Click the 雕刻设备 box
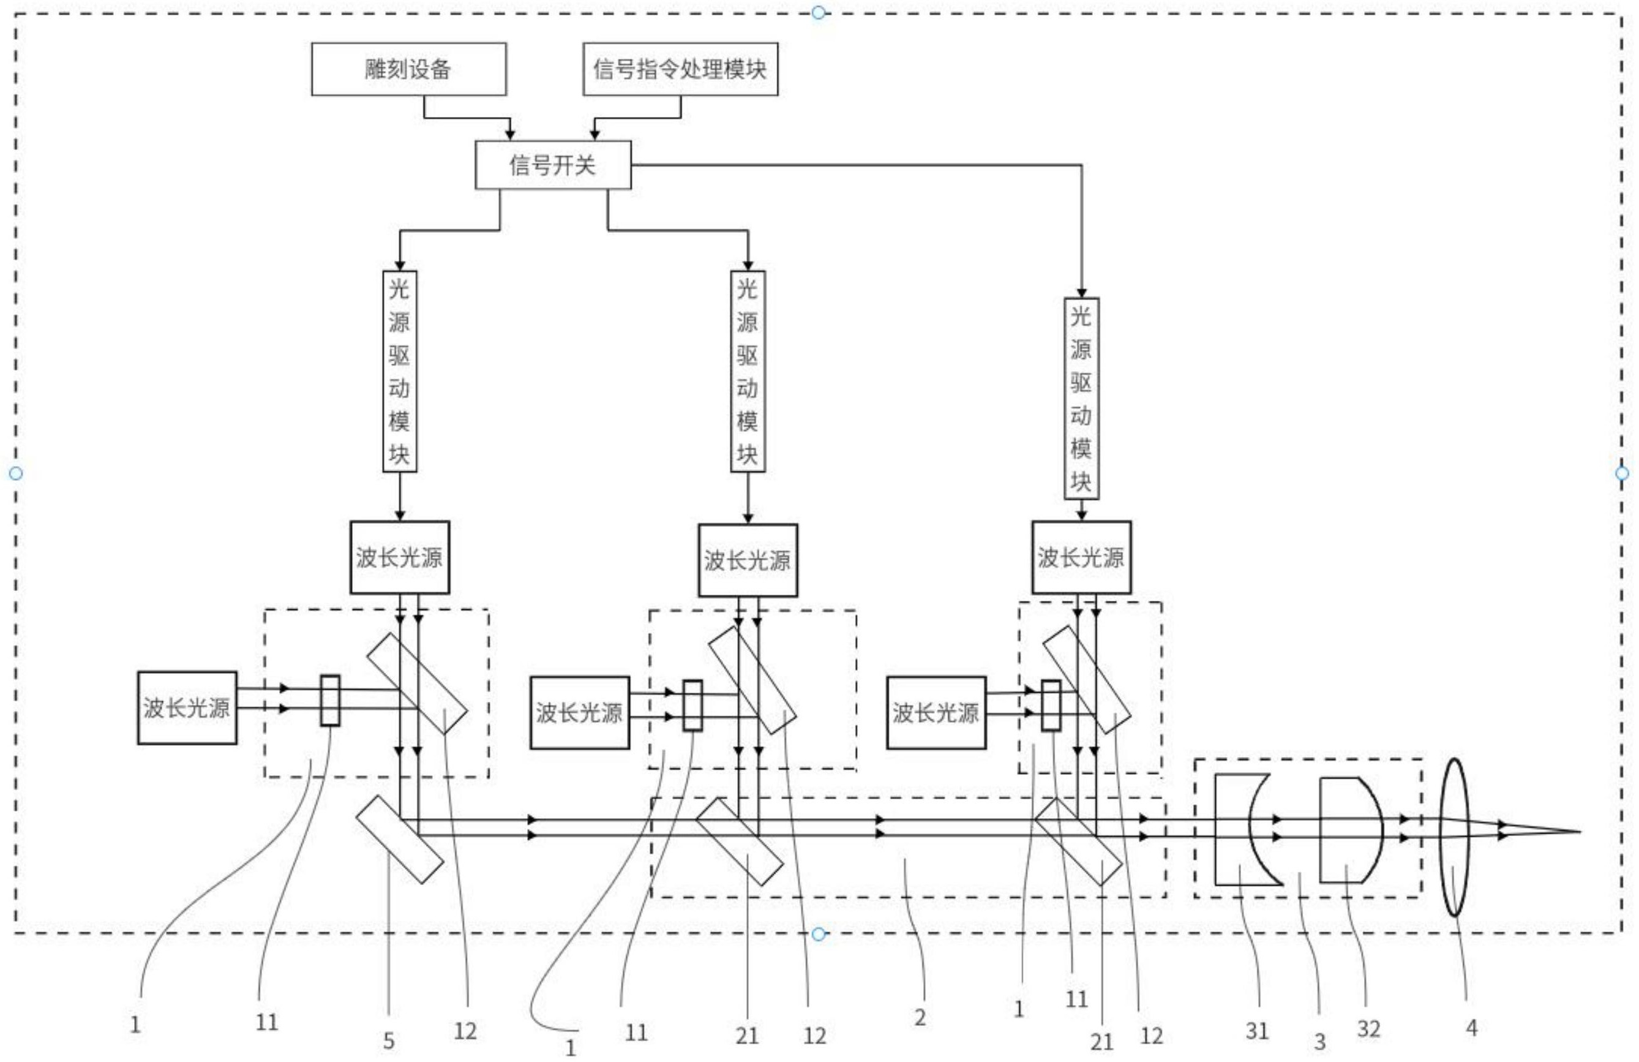408,69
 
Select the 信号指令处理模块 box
680,69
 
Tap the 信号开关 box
552,165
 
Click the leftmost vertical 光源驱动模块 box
399,371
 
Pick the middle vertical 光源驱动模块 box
747,371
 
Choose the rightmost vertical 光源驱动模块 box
1081,399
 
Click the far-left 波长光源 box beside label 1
187,707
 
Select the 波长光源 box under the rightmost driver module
1081,557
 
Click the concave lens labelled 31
1232,829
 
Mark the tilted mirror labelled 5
399,840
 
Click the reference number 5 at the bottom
388,1041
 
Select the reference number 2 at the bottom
920,1017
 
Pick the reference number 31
1256,1031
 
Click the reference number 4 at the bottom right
1471,1028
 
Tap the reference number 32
1368,1029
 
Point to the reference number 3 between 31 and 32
1319,1042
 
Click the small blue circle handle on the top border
818,12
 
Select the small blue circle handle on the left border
16,473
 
